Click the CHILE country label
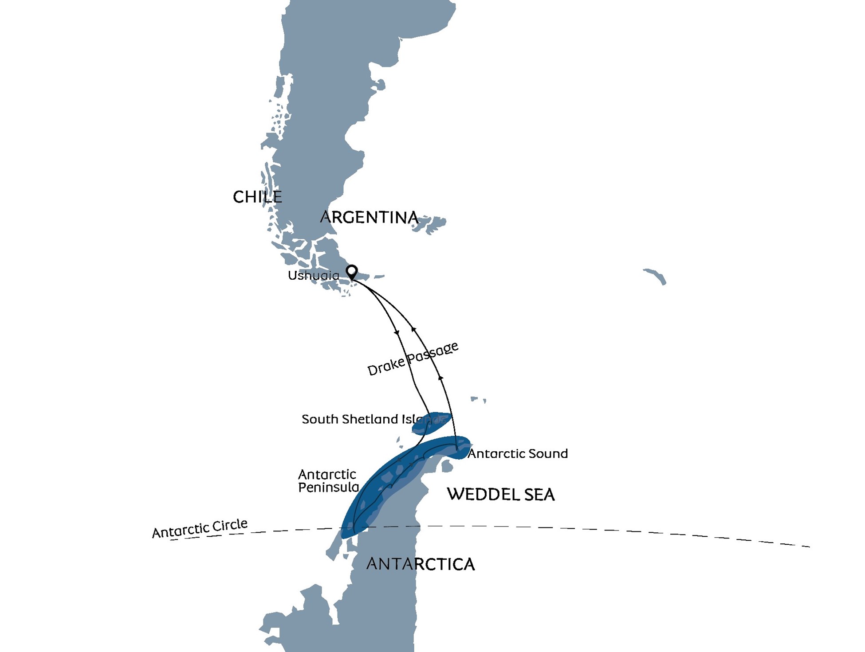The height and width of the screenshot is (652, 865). tap(257, 197)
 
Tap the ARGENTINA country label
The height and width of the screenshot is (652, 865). tap(369, 217)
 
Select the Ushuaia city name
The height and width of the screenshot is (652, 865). tap(313, 276)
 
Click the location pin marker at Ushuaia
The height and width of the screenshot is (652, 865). tap(352, 271)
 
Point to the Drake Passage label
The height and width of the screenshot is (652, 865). tap(413, 359)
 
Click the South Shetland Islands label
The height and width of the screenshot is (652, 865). tap(373, 419)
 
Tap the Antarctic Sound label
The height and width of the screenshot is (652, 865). tap(518, 454)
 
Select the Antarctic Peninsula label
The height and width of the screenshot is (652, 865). tap(328, 481)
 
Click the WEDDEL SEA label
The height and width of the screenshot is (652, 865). tap(500, 495)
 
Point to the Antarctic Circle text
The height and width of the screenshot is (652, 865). tap(200, 528)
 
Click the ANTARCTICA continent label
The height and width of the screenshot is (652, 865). tap(421, 564)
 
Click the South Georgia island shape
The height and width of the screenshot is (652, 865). tap(655, 276)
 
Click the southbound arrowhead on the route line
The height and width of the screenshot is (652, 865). tap(397, 332)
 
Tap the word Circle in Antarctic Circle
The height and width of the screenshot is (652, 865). tap(229, 525)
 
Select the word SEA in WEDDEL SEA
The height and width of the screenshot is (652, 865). tap(539, 495)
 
